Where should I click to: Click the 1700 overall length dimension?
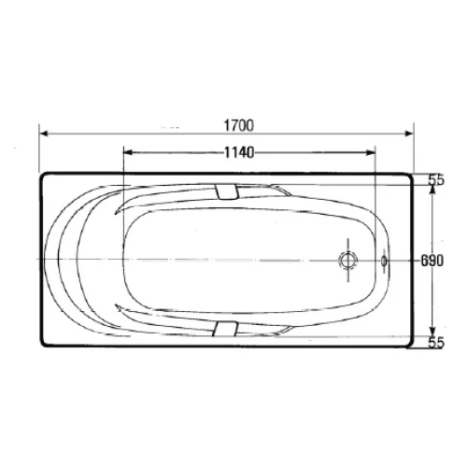(x=239, y=125)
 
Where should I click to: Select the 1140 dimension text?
(x=239, y=153)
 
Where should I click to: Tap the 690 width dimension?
(x=432, y=261)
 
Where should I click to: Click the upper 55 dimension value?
(x=436, y=180)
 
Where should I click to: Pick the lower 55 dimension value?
(x=436, y=343)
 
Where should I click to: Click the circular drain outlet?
(x=348, y=261)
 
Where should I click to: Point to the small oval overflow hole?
(x=384, y=261)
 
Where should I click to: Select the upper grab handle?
(x=227, y=191)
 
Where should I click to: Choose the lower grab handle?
(x=225, y=329)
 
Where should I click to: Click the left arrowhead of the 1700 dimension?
(x=44, y=134)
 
